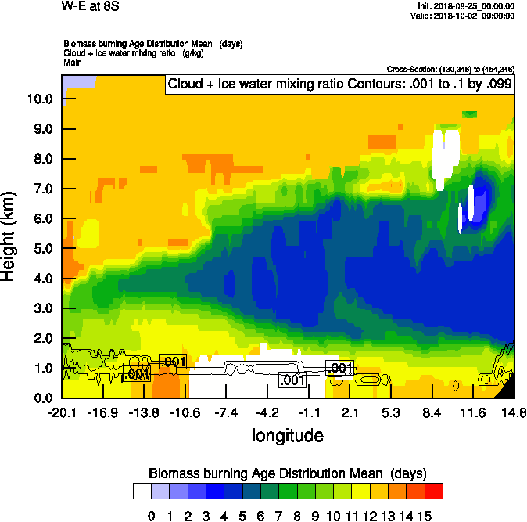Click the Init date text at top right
pyautogui.click(x=467, y=6)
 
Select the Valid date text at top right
pyautogui.click(x=465, y=16)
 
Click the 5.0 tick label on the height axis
pyautogui.click(x=43, y=249)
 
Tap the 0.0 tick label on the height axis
pyautogui.click(x=43, y=398)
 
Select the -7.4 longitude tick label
pyautogui.click(x=228, y=412)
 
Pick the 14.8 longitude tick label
pyautogui.click(x=514, y=412)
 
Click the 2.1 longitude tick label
pyautogui.click(x=350, y=412)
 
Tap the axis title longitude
pyautogui.click(x=287, y=434)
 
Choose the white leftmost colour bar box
pyautogui.click(x=142, y=491)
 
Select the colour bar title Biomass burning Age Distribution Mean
pyautogui.click(x=287, y=473)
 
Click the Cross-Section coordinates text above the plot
pyautogui.click(x=450, y=69)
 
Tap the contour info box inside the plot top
pyautogui.click(x=339, y=84)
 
